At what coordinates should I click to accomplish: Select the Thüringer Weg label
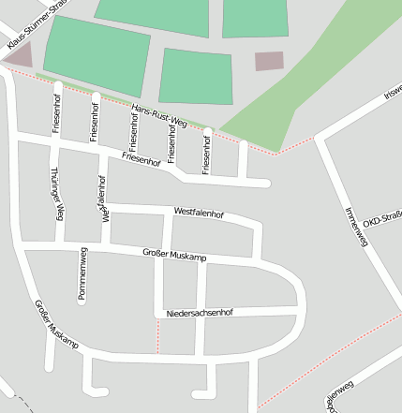(x=58, y=194)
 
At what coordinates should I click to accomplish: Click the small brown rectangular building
(x=269, y=61)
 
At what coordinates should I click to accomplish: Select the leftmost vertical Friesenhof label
(x=57, y=113)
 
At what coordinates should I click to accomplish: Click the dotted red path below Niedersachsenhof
(x=157, y=336)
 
